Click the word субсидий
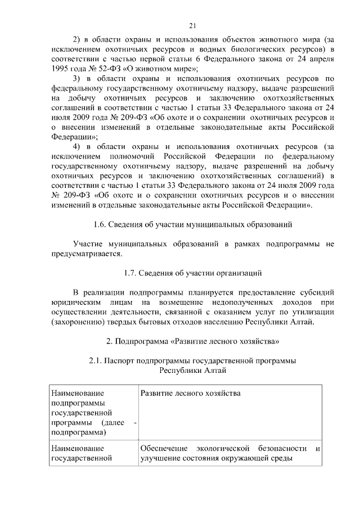click(316, 293)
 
